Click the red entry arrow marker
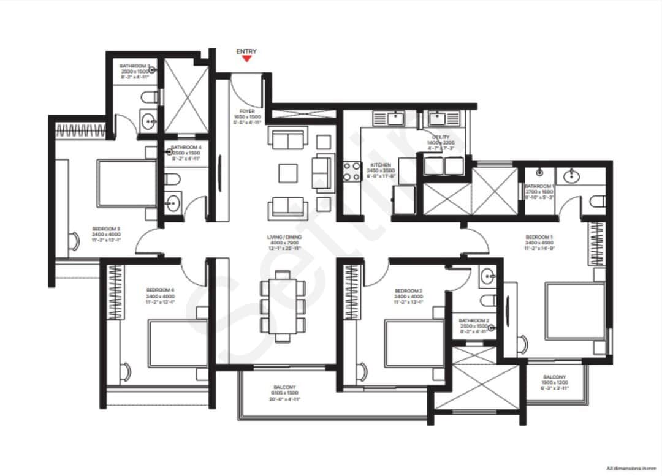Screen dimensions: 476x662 point(246,59)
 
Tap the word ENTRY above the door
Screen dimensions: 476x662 point(246,52)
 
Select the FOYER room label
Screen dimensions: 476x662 point(246,111)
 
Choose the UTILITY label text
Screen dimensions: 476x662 point(440,137)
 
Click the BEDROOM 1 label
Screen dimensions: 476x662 point(539,236)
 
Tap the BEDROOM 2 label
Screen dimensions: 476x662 point(408,290)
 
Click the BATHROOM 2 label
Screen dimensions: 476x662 point(474,320)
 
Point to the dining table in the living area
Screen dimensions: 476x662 point(283,305)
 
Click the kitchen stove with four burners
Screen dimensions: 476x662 point(352,170)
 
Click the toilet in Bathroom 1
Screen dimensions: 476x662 point(596,200)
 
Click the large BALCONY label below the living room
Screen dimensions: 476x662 point(284,387)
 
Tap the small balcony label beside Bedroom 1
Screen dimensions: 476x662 point(554,377)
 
